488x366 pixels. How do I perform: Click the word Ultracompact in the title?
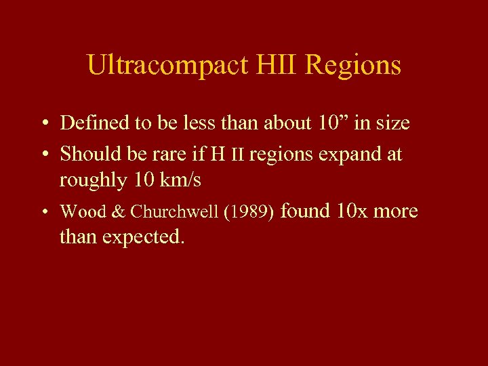click(x=168, y=66)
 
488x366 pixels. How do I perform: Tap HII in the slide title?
click(x=279, y=66)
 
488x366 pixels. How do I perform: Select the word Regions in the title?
click(x=353, y=66)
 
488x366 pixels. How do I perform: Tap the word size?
click(x=392, y=123)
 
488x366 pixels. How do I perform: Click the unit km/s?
click(x=178, y=181)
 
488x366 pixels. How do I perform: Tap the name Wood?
click(x=83, y=211)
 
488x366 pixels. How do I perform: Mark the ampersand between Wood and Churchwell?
click(x=118, y=211)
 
